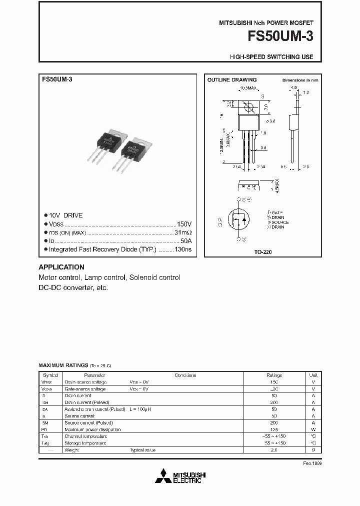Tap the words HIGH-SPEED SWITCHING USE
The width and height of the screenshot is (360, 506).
(x=271, y=57)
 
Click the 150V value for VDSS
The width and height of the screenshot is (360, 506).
(x=184, y=224)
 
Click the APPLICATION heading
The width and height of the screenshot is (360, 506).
(x=61, y=267)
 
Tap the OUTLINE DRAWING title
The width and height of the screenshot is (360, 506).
(x=232, y=80)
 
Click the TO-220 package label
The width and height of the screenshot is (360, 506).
(x=262, y=252)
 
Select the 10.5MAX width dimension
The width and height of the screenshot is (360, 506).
(x=248, y=88)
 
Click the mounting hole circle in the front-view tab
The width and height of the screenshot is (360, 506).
(x=248, y=106)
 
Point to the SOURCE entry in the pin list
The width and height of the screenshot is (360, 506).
(x=278, y=222)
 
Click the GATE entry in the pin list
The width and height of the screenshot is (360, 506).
(x=275, y=213)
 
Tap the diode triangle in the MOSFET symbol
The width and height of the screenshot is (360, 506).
(x=244, y=219)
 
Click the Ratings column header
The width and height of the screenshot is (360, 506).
(x=274, y=375)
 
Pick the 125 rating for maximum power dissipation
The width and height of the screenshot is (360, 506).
(x=274, y=429)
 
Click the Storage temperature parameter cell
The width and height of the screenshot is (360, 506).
(x=85, y=443)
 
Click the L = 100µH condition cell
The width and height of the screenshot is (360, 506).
(x=140, y=409)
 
